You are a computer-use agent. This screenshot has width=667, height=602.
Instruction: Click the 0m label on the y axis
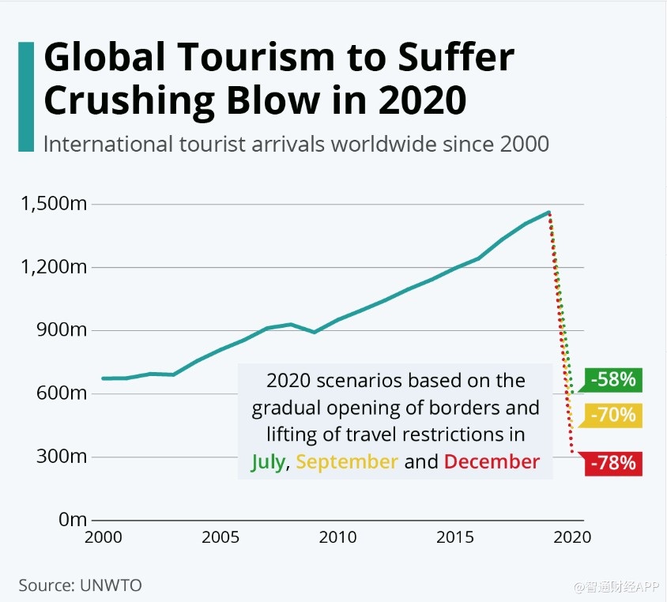point(73,520)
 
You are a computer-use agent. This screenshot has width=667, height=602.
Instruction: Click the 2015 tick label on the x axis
point(455,538)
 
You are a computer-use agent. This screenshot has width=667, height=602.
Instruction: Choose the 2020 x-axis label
point(572,538)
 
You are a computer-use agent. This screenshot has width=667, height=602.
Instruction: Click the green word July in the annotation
point(268,462)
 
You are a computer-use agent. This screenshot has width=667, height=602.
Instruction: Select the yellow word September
point(347,462)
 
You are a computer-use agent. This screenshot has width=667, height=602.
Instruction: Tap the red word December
point(492,462)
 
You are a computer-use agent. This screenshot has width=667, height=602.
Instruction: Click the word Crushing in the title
point(126,101)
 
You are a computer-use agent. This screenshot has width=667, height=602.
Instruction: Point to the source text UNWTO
point(111,585)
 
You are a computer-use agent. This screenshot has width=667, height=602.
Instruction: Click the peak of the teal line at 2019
point(548,212)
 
